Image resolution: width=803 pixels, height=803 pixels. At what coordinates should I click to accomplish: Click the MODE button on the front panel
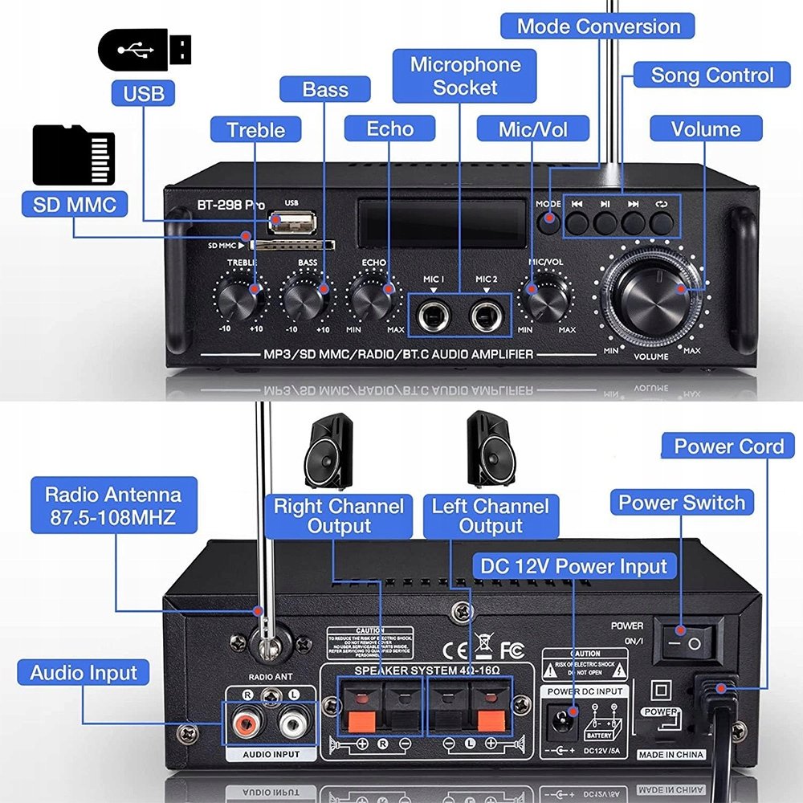(x=548, y=221)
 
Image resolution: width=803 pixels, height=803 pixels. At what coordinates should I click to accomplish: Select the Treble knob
(x=239, y=299)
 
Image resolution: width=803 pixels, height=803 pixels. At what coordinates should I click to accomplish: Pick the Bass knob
(x=307, y=299)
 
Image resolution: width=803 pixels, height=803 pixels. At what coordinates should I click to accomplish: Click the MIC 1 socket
(x=434, y=314)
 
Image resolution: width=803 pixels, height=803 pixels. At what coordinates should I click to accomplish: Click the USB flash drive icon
(x=145, y=50)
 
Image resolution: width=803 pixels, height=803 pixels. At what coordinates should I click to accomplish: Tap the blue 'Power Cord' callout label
(x=728, y=446)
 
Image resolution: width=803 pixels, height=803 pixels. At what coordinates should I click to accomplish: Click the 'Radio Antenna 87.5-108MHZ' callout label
(x=113, y=506)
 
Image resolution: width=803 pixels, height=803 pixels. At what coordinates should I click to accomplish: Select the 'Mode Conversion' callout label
(x=598, y=26)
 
